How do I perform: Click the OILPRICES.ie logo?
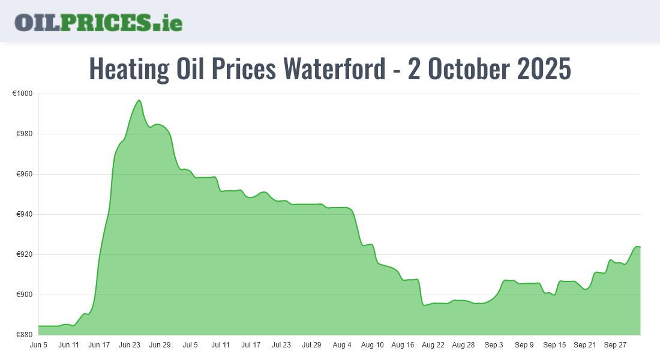(x=98, y=22)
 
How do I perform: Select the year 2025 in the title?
(x=543, y=69)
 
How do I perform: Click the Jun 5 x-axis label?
(x=38, y=346)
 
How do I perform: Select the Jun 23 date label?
(x=130, y=346)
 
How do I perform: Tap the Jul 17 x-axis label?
(x=251, y=346)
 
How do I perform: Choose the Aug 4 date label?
(x=342, y=346)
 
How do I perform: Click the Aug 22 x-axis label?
(x=433, y=346)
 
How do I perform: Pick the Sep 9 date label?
(x=524, y=346)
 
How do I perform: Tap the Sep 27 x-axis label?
(x=616, y=346)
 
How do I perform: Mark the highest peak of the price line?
(x=139, y=100)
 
